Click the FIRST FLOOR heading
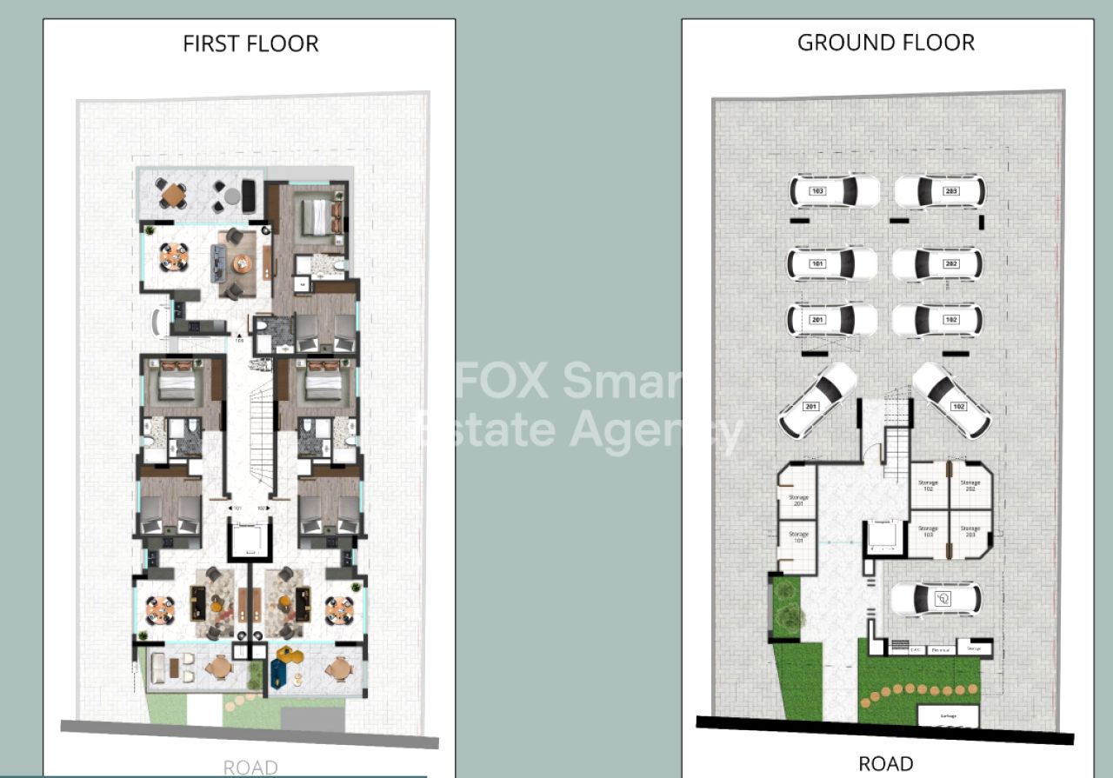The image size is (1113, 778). [x=250, y=43]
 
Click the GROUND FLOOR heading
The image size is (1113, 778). [x=886, y=42]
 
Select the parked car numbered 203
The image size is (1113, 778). [x=939, y=190]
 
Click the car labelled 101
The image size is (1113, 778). [x=832, y=263]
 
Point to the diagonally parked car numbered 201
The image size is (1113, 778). [x=817, y=401]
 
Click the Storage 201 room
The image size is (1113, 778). [x=797, y=501]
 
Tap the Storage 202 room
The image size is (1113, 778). [x=970, y=488]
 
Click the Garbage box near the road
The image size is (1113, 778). [x=948, y=716]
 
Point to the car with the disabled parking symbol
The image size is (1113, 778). [x=936, y=598]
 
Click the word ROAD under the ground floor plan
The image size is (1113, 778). [x=886, y=763]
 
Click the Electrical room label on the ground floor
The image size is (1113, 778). [x=940, y=649]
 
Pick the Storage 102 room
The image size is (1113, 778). [x=928, y=488]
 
